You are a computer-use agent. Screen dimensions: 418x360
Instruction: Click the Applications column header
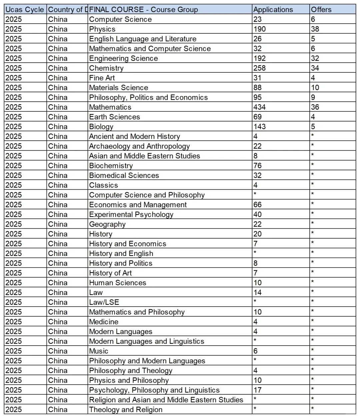[x=273, y=10]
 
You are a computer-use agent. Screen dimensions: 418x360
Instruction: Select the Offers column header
[x=321, y=10]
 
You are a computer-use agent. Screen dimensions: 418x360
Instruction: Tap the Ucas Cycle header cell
[x=25, y=10]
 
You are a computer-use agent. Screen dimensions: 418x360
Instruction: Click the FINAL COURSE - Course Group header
[x=143, y=10]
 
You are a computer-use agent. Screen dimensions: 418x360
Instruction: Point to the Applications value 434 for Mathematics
[x=260, y=107]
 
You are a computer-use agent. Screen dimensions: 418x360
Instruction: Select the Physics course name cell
[x=102, y=29]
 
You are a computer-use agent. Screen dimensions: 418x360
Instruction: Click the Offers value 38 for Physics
[x=315, y=29]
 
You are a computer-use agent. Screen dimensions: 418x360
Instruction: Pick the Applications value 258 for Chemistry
[x=260, y=68]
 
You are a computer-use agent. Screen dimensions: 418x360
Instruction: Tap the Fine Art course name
[x=102, y=78]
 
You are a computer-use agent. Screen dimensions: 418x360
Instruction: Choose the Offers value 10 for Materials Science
[x=315, y=88]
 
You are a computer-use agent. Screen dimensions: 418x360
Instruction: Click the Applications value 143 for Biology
[x=260, y=127]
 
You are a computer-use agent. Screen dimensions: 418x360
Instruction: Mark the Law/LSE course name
[x=104, y=302]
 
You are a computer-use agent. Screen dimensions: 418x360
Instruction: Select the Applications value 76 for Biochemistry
[x=258, y=166]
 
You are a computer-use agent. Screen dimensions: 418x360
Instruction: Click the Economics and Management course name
[x=138, y=205]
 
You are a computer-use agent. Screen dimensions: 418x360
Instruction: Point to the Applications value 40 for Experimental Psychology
[x=258, y=214]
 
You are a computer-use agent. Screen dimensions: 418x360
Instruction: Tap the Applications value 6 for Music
[x=256, y=351]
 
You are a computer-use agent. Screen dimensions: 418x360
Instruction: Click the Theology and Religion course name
[x=126, y=410]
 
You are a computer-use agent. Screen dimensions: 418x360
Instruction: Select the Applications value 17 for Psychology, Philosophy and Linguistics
[x=257, y=390]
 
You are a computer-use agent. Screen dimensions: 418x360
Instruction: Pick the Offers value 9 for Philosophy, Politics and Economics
[x=313, y=97]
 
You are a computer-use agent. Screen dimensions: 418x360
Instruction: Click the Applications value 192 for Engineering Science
[x=260, y=58]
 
